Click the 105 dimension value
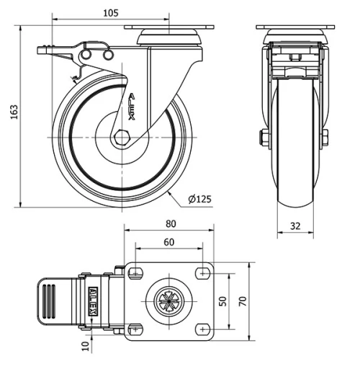coord(110,13)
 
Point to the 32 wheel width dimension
coord(294,226)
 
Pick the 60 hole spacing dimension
coord(168,243)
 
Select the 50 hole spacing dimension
coord(223,300)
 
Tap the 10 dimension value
coord(86,347)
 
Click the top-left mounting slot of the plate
coord(135,272)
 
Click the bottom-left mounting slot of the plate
coord(135,329)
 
